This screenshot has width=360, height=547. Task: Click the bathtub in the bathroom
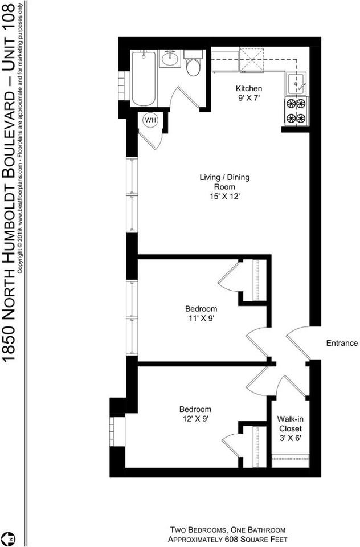143,78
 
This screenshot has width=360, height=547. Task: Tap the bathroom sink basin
169,59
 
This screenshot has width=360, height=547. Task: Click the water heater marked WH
150,120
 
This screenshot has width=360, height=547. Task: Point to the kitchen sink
296,84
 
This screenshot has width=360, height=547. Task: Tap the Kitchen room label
249,88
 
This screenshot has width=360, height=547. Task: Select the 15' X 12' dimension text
224,196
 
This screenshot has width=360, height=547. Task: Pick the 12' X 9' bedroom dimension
195,419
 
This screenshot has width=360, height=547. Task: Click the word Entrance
342,343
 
